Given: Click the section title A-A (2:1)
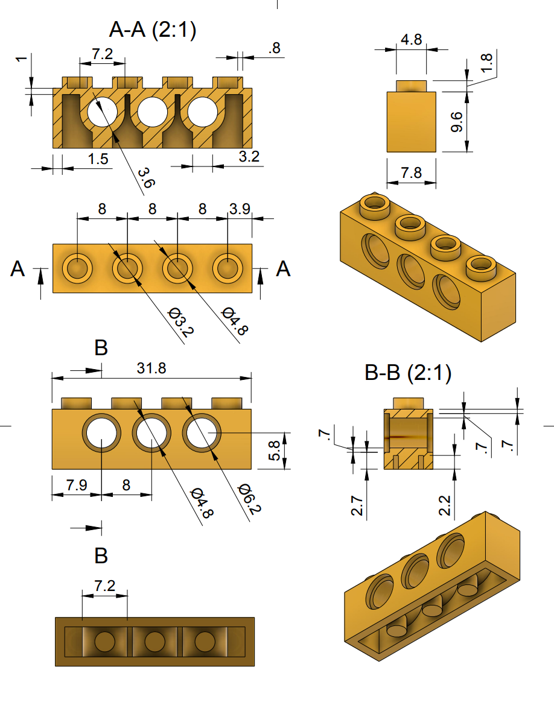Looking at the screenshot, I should point(152,30).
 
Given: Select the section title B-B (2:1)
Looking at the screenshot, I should point(408,373).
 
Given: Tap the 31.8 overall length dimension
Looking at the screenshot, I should point(151,368).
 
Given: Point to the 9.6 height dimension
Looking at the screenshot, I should point(457,122).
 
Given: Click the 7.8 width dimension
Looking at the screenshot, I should point(411,173).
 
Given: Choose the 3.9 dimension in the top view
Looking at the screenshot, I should point(240,209).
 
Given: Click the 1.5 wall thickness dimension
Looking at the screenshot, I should point(98,159).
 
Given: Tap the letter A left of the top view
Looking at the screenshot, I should point(18,270).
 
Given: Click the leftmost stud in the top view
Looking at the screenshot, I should point(77,268).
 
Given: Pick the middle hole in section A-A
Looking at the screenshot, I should point(152,111).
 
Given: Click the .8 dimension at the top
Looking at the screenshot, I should point(275,49).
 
